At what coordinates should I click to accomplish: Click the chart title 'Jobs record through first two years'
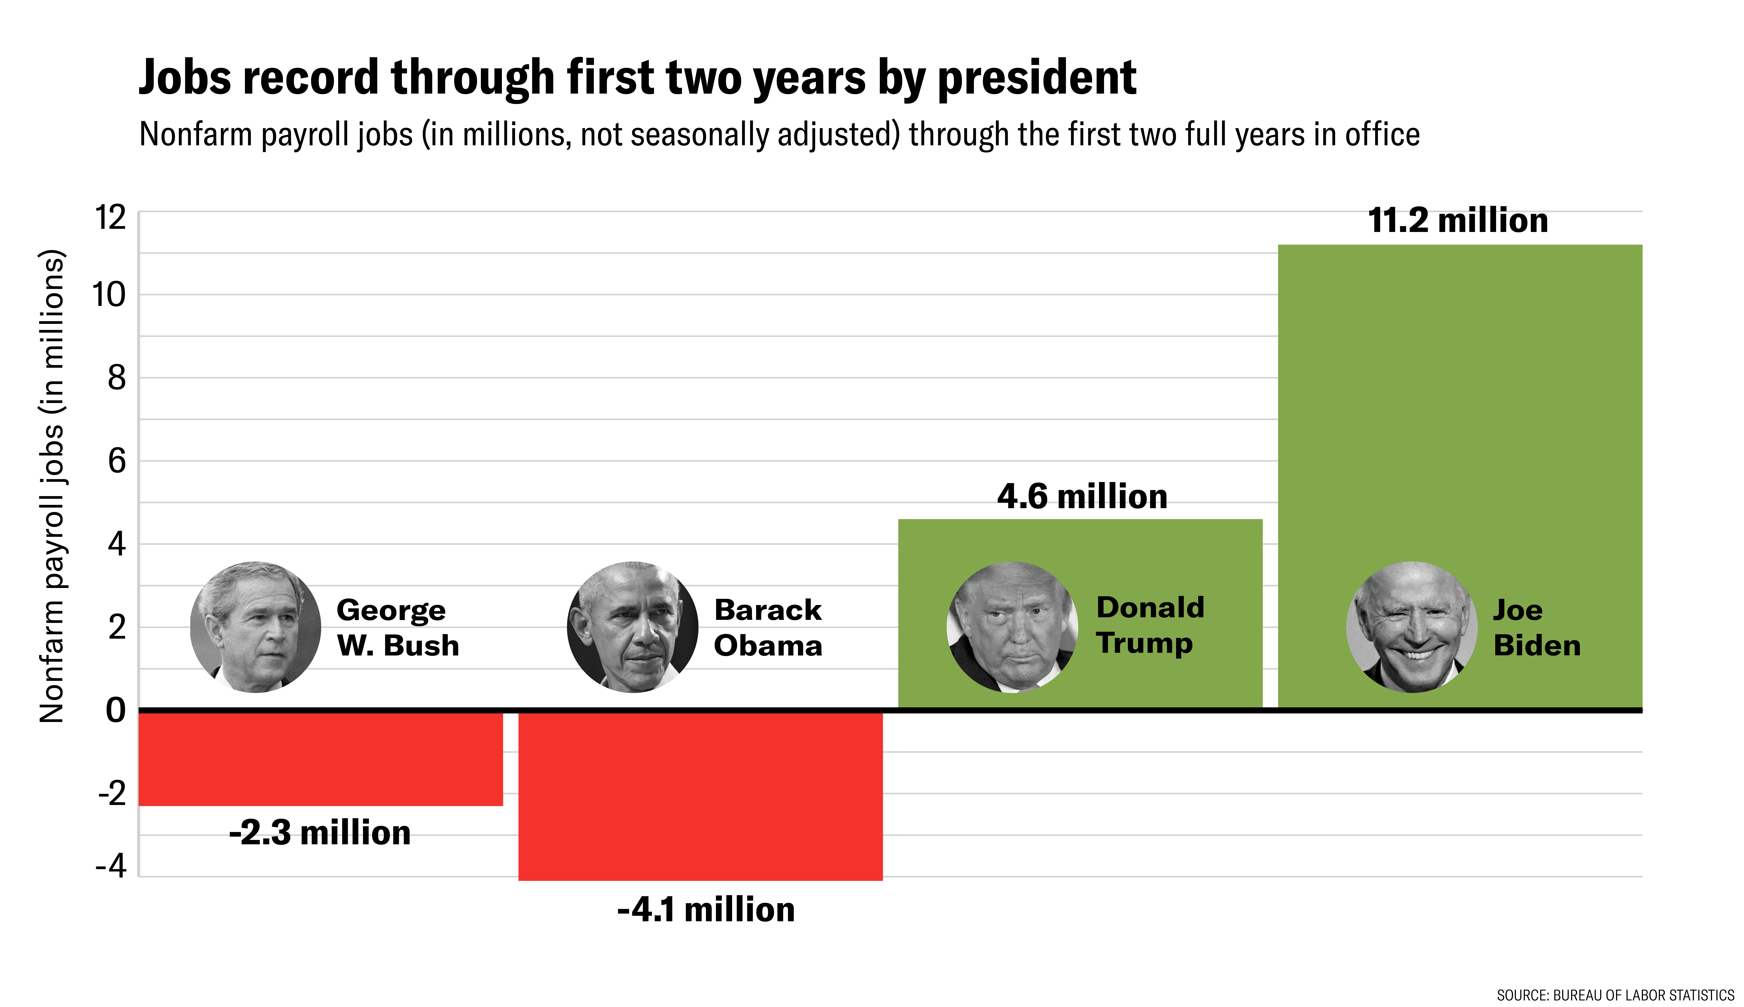coord(636,78)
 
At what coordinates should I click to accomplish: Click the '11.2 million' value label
coord(1458,221)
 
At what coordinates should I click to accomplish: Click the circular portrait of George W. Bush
coord(255,627)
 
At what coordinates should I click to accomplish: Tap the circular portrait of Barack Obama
coord(632,627)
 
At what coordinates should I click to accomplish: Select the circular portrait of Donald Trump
coord(1012,627)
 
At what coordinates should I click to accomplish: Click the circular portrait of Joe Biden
coord(1411,627)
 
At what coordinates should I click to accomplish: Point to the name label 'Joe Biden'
coord(1536,627)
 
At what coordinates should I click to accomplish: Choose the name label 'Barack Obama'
coord(768,627)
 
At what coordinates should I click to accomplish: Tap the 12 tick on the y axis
coord(111,218)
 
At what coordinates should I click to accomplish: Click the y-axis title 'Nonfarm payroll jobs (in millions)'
coord(52,486)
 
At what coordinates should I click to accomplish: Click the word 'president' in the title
coord(1036,78)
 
